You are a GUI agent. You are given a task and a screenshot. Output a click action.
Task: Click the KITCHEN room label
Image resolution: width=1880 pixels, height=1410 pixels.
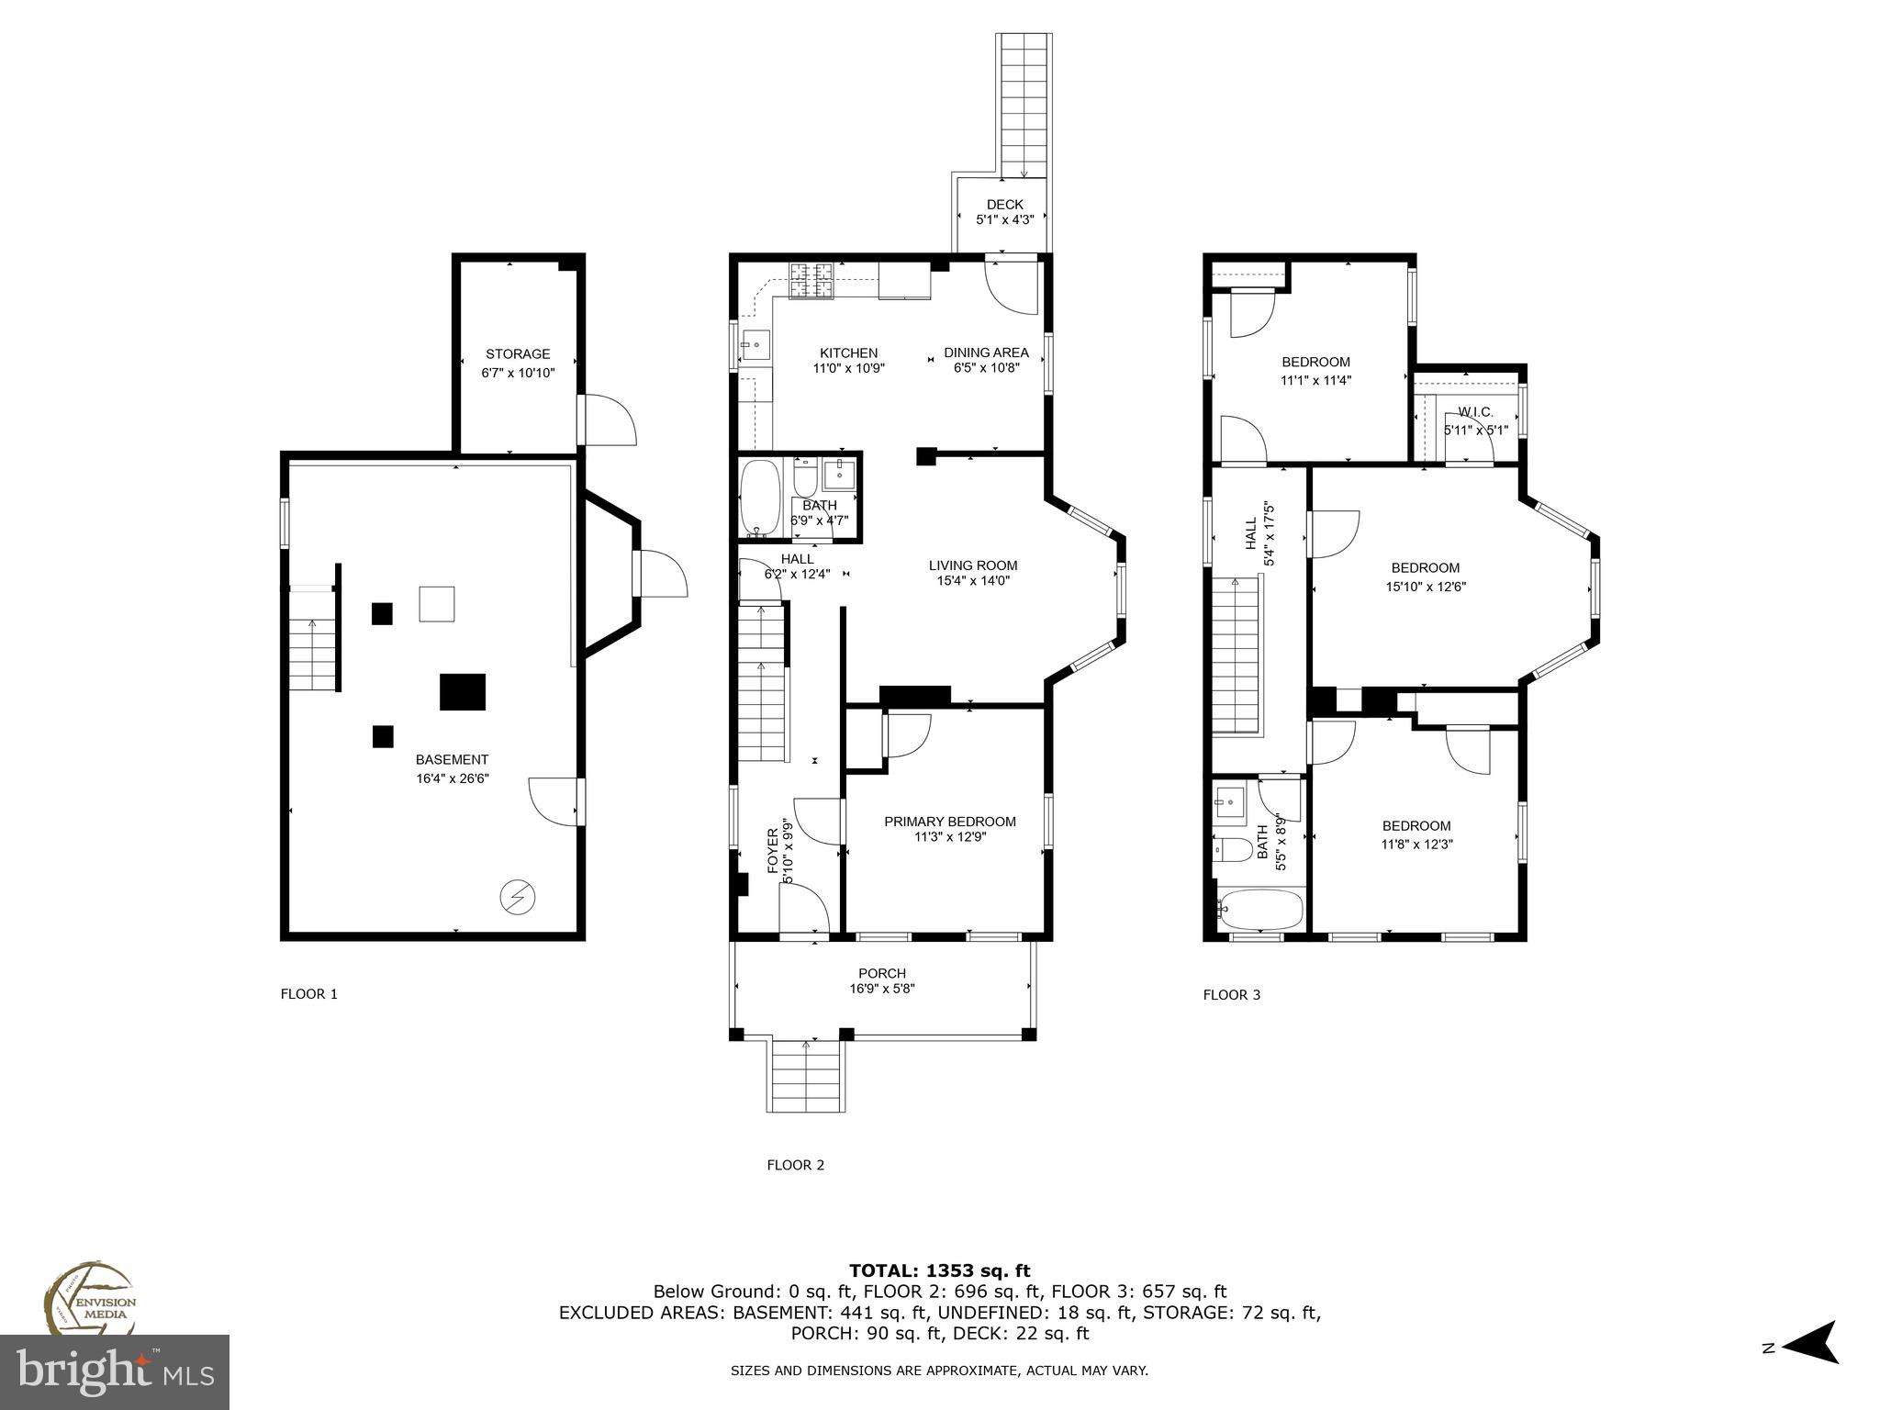(848, 352)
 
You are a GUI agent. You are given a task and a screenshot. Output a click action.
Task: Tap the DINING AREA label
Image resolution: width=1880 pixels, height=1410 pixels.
(986, 352)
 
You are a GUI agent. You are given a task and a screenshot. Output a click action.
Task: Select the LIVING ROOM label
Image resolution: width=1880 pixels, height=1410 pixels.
(973, 565)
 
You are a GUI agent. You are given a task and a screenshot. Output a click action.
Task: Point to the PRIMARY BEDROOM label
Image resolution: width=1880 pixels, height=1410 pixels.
(950, 822)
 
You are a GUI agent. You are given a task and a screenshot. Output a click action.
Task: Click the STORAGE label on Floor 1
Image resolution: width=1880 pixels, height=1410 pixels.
(518, 354)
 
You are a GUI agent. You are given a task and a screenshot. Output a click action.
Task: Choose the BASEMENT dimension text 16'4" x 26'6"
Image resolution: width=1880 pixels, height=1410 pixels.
(453, 778)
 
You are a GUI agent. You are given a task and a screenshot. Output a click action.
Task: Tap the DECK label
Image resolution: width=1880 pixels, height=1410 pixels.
(1004, 205)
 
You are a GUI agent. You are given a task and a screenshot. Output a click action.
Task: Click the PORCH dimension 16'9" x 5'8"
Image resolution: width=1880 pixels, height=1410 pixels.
(882, 989)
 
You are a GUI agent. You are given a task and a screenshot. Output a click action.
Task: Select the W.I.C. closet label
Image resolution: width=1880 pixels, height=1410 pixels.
(1475, 413)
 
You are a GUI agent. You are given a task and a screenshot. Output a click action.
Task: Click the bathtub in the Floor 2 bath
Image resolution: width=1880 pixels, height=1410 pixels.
(759, 498)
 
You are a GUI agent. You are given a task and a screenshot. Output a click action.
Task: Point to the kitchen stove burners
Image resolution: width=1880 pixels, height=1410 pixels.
(811, 281)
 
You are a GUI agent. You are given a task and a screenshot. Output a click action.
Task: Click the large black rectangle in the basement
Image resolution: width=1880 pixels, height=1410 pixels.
(463, 691)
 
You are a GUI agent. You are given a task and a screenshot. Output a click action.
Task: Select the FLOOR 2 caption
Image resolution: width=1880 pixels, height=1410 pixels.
(795, 1165)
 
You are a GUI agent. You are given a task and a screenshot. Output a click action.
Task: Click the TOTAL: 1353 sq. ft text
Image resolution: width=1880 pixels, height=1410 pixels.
(939, 1270)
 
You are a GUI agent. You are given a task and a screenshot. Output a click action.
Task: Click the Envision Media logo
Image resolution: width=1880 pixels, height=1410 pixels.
(89, 1301)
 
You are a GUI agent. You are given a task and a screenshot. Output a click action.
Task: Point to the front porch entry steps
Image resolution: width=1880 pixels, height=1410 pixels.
(806, 1078)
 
